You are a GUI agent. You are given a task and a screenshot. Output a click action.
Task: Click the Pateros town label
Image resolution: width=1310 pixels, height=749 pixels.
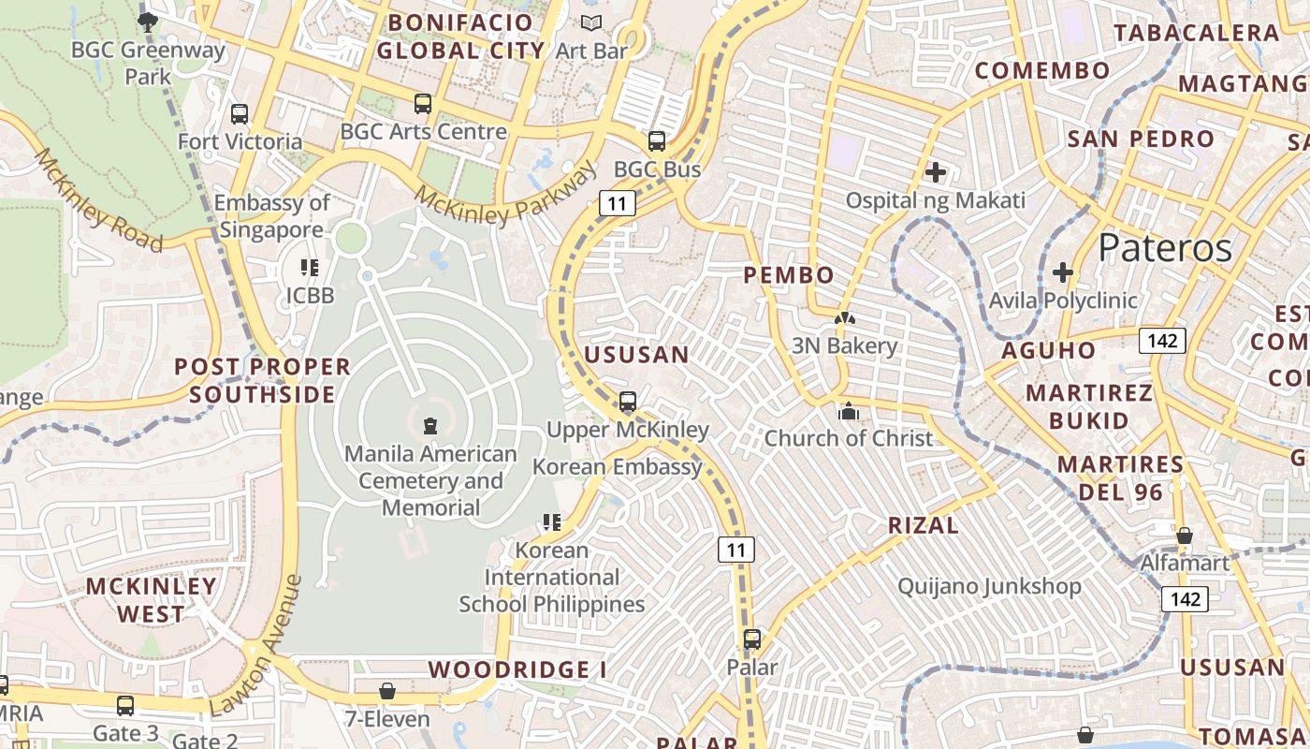point(1165,248)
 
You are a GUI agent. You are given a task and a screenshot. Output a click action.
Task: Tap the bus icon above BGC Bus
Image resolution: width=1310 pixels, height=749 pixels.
point(657,141)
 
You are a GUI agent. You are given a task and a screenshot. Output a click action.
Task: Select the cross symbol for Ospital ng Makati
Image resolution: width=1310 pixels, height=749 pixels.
point(935,172)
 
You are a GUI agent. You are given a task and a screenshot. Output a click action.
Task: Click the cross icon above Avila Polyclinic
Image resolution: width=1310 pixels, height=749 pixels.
point(1062,272)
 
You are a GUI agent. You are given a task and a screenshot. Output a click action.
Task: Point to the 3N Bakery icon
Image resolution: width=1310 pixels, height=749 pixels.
point(844,319)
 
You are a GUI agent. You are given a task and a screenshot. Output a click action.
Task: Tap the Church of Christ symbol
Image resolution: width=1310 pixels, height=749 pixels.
point(848,411)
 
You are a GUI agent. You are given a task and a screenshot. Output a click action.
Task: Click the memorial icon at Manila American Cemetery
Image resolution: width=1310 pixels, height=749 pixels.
point(429,426)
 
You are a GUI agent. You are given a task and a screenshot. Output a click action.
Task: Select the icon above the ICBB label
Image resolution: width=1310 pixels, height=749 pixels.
point(310,269)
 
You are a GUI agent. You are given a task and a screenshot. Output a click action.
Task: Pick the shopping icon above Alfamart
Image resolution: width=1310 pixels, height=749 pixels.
point(1184,536)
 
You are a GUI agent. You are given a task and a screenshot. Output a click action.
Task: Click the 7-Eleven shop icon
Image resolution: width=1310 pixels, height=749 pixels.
point(386,692)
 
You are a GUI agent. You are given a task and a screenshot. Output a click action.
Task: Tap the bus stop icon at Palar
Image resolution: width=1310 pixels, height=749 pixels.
point(751,639)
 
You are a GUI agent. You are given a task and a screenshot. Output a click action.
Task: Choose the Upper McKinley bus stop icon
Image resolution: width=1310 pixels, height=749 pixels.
point(628,402)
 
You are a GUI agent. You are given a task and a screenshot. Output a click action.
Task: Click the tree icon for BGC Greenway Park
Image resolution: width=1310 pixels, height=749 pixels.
point(147,22)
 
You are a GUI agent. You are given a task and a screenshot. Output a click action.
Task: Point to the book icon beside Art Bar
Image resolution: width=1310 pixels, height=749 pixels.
point(591,23)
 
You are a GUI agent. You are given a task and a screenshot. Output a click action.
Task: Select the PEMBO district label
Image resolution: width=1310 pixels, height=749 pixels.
point(788,275)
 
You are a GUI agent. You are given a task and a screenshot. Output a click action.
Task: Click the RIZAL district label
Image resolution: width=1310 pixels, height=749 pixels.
point(923,525)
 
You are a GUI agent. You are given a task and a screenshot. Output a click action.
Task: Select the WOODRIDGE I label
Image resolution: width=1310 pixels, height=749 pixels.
point(517,669)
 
